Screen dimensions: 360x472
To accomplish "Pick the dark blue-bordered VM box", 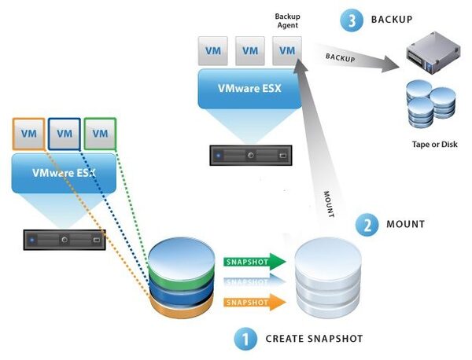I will coord(65,134).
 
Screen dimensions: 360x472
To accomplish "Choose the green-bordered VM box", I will coord(100,134).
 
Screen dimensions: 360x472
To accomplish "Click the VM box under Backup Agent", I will coord(288,51).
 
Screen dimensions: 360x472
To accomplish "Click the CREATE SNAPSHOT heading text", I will coord(314,340).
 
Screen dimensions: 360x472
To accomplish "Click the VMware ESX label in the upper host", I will coord(250,88).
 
